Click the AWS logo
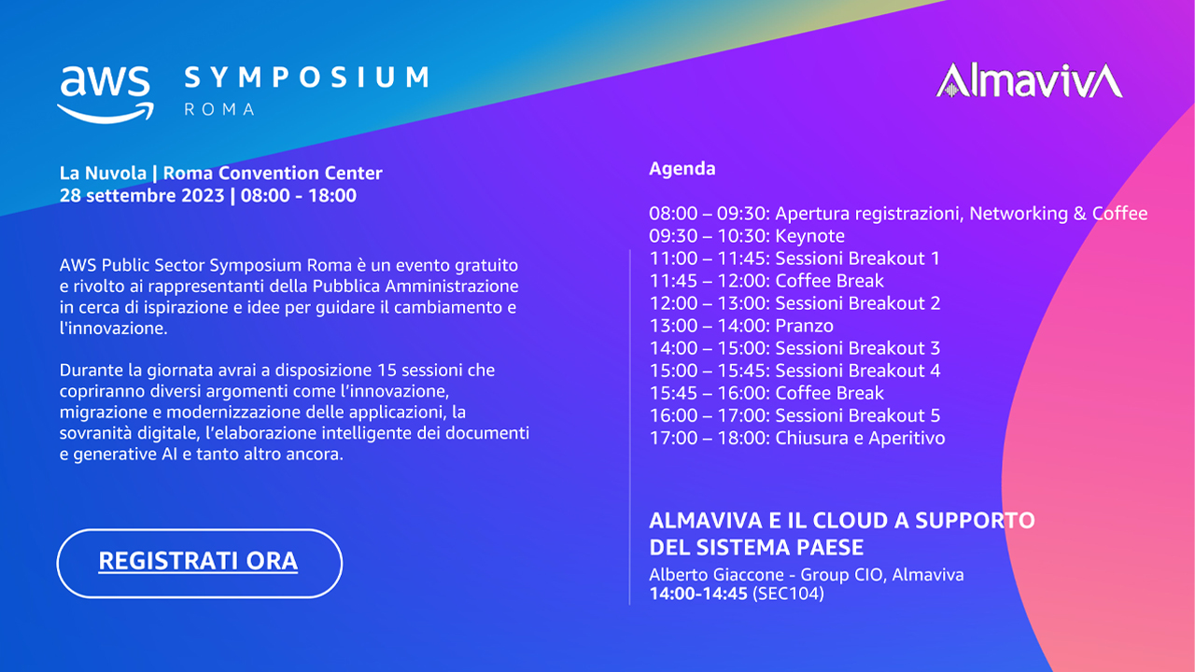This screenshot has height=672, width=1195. tap(105, 95)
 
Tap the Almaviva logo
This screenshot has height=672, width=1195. tap(1029, 81)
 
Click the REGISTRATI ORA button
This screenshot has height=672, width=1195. tap(199, 563)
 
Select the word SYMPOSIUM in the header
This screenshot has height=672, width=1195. tap(306, 77)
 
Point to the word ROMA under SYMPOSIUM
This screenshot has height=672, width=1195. tap(219, 109)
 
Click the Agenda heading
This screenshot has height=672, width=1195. tap(682, 169)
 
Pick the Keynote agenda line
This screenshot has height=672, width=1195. tap(747, 236)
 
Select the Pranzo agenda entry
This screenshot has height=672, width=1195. tap(741, 326)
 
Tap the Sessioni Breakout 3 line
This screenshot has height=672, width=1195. tap(794, 348)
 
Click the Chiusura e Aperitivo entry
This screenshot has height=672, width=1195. tap(797, 438)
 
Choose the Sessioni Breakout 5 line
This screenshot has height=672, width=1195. tap(794, 415)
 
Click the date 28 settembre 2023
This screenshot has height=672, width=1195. tap(142, 196)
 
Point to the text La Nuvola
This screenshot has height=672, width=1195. tap(103, 173)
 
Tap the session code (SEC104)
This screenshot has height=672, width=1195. tap(788, 594)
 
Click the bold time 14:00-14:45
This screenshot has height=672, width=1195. tap(698, 594)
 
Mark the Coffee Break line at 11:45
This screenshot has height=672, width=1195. tap(766, 281)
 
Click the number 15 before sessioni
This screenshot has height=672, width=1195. tap(387, 371)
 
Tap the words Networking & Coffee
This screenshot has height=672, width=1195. tap(1059, 214)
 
